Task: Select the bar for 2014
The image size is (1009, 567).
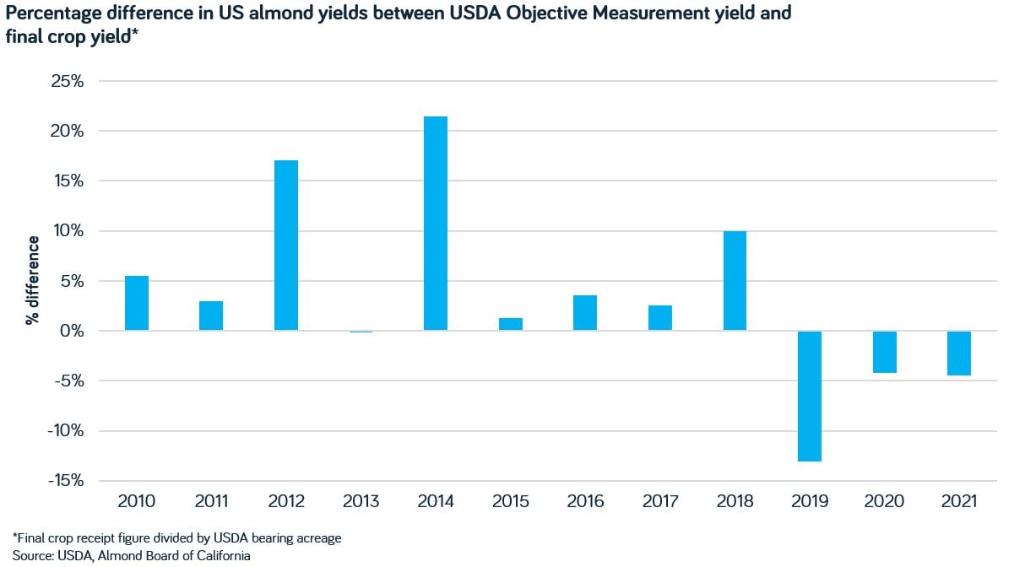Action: click(x=436, y=224)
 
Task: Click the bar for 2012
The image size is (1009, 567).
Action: click(x=286, y=246)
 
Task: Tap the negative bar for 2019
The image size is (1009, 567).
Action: click(x=809, y=396)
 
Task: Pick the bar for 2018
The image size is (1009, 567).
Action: click(x=735, y=281)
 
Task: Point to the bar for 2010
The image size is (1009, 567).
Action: click(x=137, y=303)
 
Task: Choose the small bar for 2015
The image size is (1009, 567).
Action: click(x=511, y=324)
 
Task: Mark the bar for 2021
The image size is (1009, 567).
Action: click(x=958, y=353)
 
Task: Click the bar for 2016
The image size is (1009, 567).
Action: click(x=585, y=313)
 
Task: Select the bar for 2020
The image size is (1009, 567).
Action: click(x=884, y=352)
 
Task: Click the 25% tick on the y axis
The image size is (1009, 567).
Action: click(x=67, y=82)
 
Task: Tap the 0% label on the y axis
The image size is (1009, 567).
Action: click(x=71, y=331)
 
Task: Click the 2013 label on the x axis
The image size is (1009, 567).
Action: click(x=361, y=502)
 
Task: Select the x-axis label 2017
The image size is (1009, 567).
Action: click(x=659, y=502)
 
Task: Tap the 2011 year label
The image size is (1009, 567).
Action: click(x=211, y=502)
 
